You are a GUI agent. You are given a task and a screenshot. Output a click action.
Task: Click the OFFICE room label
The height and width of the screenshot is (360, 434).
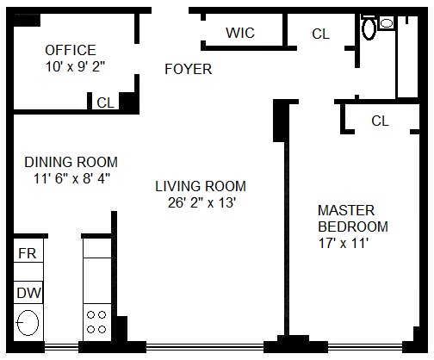click(x=71, y=50)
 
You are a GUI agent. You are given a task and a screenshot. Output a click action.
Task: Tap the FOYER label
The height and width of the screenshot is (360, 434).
click(x=189, y=69)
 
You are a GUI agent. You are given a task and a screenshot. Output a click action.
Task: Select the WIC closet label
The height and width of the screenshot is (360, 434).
click(x=240, y=33)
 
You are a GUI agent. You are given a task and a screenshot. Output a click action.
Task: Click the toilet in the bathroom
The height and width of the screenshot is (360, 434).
click(x=369, y=28)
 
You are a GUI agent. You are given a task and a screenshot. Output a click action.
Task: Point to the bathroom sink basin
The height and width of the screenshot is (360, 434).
click(x=387, y=23)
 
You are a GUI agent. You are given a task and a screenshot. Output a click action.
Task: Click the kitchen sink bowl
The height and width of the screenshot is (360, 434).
click(x=28, y=323)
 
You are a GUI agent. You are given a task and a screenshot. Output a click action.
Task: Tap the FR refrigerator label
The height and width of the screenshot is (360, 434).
click(x=28, y=253)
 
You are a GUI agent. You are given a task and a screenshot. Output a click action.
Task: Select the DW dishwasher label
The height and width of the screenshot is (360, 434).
click(x=28, y=293)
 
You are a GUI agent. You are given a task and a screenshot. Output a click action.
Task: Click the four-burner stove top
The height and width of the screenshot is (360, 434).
click(x=96, y=322)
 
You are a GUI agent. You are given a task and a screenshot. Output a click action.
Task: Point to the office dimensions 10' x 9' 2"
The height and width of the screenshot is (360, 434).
click(x=75, y=67)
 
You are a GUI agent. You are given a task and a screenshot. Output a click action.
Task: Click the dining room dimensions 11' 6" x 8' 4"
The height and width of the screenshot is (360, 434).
click(x=71, y=178)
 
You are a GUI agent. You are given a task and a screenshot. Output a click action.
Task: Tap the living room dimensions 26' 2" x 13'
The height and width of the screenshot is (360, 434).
click(x=201, y=202)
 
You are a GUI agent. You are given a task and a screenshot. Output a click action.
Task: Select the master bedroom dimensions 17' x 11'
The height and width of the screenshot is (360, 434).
click(x=344, y=243)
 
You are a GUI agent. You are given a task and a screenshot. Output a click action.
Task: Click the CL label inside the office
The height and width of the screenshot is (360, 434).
click(x=105, y=102)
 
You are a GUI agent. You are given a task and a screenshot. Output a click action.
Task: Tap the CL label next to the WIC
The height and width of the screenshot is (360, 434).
click(x=320, y=34)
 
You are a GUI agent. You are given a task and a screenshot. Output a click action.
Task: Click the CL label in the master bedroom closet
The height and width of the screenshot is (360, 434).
click(x=380, y=121)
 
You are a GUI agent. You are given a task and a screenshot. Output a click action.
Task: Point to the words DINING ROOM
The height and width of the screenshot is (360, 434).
click(x=71, y=162)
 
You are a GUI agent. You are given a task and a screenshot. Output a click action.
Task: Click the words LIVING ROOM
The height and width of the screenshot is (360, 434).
click(x=201, y=186)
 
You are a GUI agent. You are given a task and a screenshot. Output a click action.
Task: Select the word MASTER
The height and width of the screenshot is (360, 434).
click(x=346, y=210)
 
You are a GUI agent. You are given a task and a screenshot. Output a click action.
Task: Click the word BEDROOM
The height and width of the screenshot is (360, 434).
click(x=353, y=227)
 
